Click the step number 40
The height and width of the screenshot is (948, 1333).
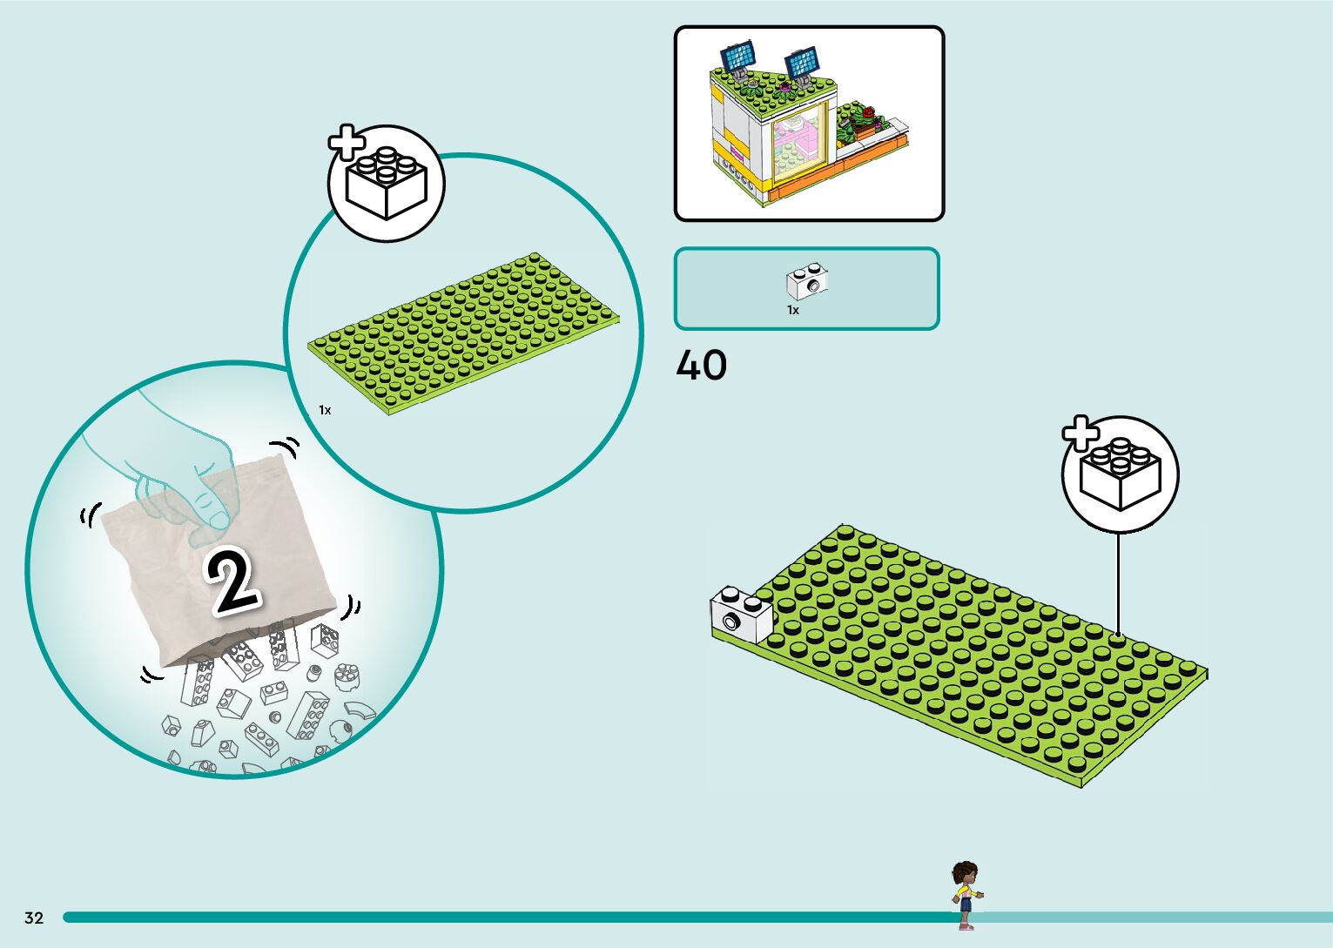click(x=701, y=366)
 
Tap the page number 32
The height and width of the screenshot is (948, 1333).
click(x=34, y=918)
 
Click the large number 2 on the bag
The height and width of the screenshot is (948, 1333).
click(x=232, y=582)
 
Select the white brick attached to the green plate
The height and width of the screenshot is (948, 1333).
click(x=741, y=615)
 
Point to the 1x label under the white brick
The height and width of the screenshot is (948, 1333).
click(x=793, y=310)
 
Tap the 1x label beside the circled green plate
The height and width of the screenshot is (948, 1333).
click(x=325, y=410)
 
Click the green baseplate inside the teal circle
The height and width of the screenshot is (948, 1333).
click(x=465, y=334)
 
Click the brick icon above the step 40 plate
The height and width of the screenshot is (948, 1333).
click(x=1121, y=475)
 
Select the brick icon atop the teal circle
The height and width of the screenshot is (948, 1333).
click(x=387, y=184)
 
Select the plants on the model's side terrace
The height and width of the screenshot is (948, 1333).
click(x=858, y=121)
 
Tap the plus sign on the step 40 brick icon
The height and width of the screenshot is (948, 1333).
click(x=1081, y=433)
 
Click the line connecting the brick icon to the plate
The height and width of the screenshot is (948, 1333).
click(x=1118, y=583)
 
